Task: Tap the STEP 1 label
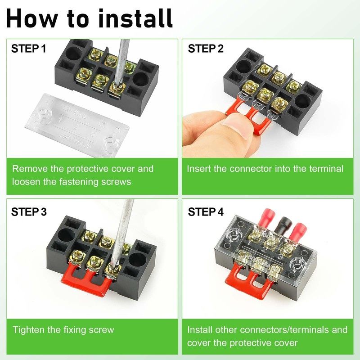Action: pos(29,49)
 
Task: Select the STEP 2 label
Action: pos(206,49)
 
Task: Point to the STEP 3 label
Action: pos(29,211)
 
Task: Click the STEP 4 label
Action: pos(206,211)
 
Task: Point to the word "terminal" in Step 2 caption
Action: pos(324,169)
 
